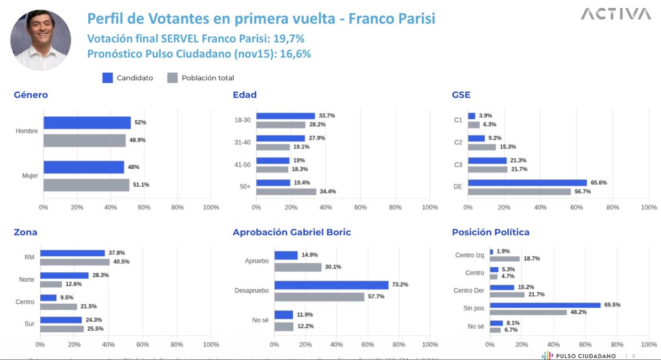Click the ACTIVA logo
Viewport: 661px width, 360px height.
(x=615, y=14)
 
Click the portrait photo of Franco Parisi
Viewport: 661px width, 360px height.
(x=41, y=40)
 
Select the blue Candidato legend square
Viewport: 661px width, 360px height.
(x=108, y=78)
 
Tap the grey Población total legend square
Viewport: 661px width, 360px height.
(x=172, y=78)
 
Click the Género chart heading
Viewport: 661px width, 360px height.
(x=31, y=95)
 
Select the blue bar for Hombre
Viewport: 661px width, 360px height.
(x=87, y=123)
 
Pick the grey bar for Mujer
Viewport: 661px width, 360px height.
(x=86, y=185)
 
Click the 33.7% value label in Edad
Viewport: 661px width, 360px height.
(x=326, y=116)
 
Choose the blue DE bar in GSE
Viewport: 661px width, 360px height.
(x=527, y=182)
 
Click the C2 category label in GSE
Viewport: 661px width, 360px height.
(x=458, y=142)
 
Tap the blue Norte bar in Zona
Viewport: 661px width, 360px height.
(x=64, y=275)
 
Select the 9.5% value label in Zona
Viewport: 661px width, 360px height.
(x=67, y=298)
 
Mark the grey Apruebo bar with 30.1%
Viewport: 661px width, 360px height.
(x=298, y=267)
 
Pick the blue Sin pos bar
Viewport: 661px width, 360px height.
(x=545, y=305)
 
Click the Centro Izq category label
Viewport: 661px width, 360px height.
(x=469, y=255)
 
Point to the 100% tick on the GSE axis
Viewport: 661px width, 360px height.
(x=648, y=207)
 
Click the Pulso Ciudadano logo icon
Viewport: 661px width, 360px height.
(x=546, y=356)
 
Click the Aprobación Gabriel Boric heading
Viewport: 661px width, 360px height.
(x=292, y=232)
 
